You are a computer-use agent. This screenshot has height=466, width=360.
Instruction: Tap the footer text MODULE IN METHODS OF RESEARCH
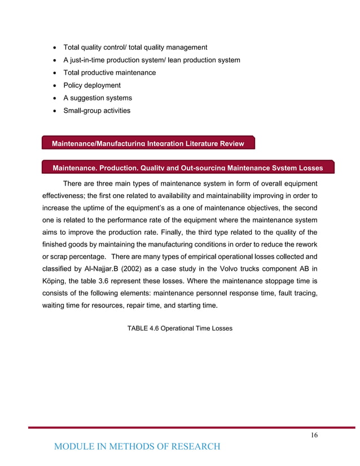pos(137,447)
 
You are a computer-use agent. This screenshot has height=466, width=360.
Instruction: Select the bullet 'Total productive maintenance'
pos(109,73)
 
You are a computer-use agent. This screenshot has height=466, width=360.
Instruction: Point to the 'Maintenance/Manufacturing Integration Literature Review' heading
pos(148,144)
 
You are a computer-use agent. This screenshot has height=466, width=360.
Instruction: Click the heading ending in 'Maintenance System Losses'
pos(187,168)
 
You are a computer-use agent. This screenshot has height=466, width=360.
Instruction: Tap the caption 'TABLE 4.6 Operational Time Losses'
pos(180,328)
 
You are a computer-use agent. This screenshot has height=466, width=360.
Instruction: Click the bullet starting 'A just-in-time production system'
pos(151,60)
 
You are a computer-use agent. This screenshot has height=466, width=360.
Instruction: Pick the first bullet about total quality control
pos(135,47)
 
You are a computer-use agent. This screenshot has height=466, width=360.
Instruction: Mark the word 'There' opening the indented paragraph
pos(74,183)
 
